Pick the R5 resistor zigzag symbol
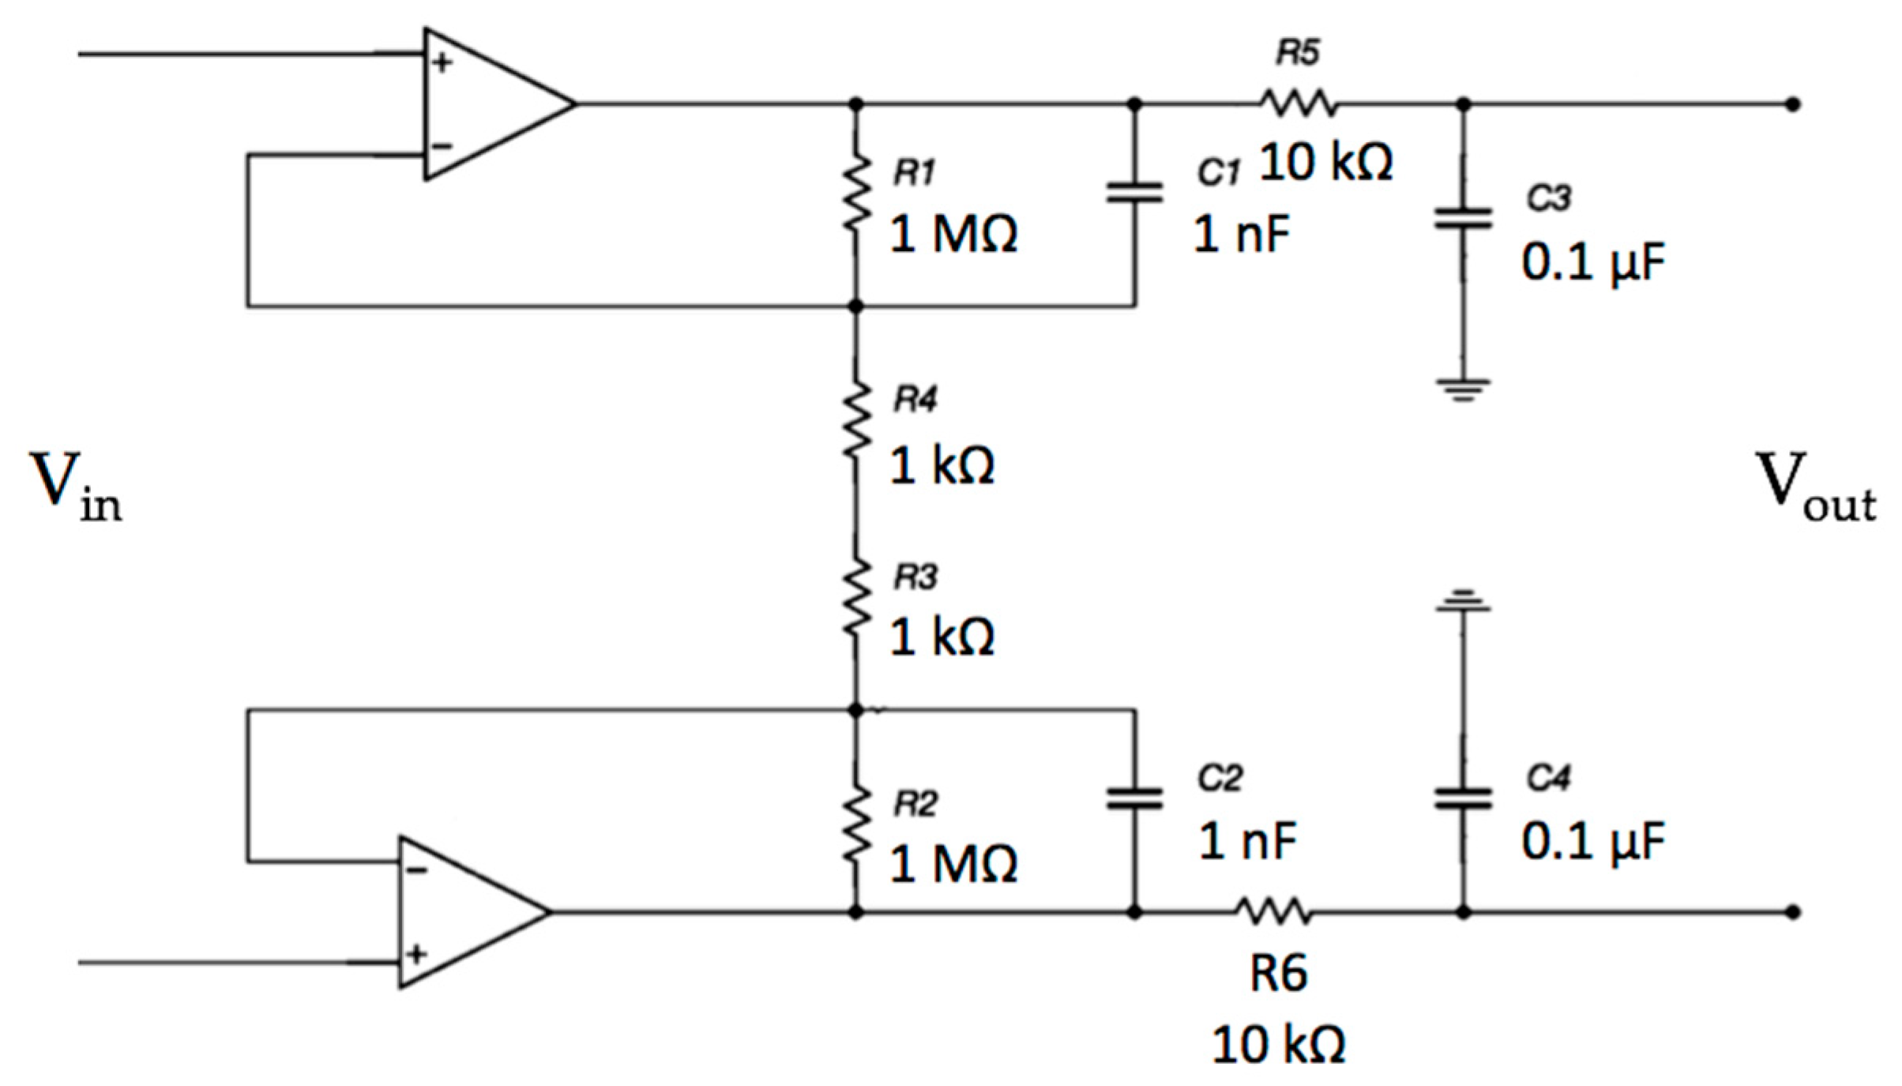click(x=1298, y=103)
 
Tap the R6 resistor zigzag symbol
click(x=1273, y=911)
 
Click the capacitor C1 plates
click(x=1134, y=194)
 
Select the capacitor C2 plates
click(x=1134, y=799)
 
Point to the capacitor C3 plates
click(x=1463, y=219)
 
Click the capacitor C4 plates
click(x=1463, y=799)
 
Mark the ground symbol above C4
click(x=1463, y=602)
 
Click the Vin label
click(x=75, y=486)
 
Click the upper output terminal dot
click(x=1794, y=104)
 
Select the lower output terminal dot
click(x=1794, y=912)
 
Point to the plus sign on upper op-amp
click(x=442, y=62)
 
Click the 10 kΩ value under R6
click(x=1279, y=1044)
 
